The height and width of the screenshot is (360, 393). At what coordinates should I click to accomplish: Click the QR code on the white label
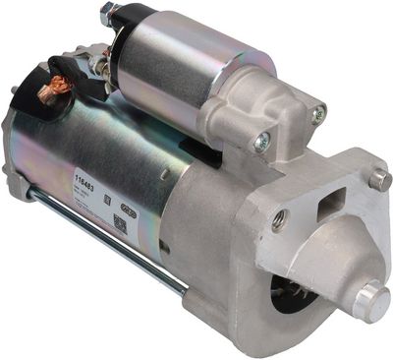click(120, 223)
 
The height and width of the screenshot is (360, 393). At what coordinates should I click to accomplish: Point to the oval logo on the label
click(127, 209)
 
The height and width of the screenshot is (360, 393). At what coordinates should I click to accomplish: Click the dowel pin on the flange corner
click(379, 178)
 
